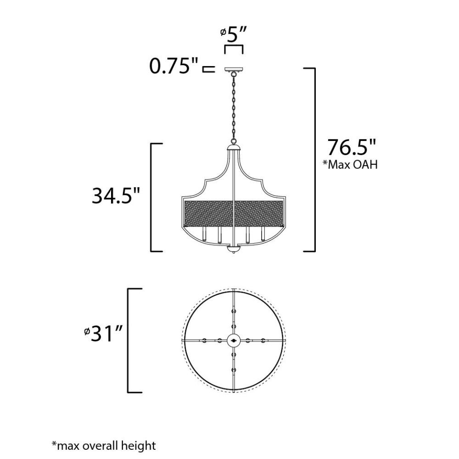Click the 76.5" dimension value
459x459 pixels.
[351, 147]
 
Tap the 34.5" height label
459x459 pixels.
[116, 196]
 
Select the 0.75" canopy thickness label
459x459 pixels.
[174, 66]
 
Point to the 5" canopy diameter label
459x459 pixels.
[234, 34]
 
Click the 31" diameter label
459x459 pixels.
[103, 333]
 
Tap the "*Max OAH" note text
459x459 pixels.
[350, 164]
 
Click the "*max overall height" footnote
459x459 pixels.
[104, 446]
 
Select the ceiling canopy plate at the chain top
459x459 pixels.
[234, 70]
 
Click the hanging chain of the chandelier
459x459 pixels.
[234, 108]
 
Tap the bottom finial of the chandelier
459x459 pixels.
[234, 249]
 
